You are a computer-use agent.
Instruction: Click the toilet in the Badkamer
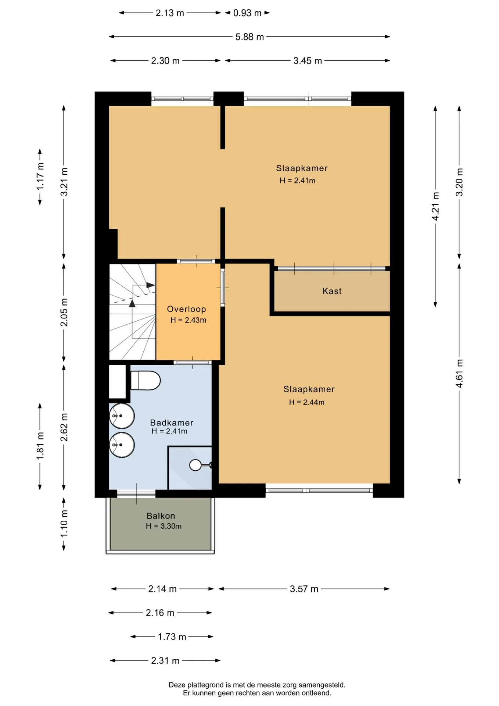click(146, 380)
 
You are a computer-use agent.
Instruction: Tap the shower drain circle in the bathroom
click(195, 465)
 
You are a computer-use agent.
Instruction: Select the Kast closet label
click(332, 291)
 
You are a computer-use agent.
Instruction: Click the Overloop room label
click(186, 309)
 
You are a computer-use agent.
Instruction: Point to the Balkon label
click(161, 516)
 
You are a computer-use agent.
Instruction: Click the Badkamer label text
click(172, 423)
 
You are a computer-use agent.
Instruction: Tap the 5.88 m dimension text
click(250, 37)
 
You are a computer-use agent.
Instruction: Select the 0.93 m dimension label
click(247, 13)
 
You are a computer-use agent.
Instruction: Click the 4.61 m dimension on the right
click(459, 373)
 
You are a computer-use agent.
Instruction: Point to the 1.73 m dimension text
click(172, 637)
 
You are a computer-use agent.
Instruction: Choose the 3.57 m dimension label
click(304, 589)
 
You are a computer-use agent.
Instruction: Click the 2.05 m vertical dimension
click(64, 312)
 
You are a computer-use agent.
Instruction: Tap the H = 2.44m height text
click(306, 402)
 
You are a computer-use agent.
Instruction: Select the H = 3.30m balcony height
click(164, 526)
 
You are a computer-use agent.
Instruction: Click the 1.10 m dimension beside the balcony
click(64, 524)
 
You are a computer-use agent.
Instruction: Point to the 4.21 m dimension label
click(435, 206)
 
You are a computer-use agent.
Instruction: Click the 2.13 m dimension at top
click(170, 13)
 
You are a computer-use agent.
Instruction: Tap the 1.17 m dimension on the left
click(40, 176)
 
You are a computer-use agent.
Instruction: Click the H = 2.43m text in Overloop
click(188, 320)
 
